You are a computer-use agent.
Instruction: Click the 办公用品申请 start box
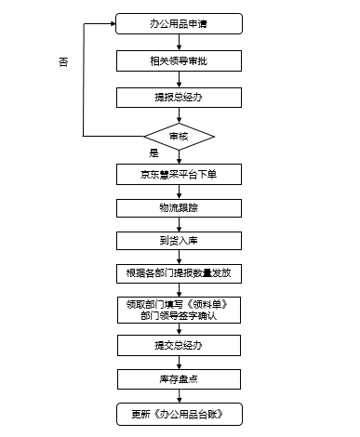(x=180, y=23)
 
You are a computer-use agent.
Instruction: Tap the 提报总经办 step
(x=180, y=97)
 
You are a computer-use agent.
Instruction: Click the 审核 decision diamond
(x=180, y=136)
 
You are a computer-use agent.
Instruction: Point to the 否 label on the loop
(x=63, y=61)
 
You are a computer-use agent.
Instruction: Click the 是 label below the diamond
(x=153, y=152)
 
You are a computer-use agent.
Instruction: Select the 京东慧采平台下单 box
(x=180, y=175)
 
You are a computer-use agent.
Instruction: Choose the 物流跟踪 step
(x=180, y=207)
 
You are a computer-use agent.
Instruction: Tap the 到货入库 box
(x=180, y=241)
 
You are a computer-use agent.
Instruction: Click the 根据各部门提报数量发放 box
(x=180, y=273)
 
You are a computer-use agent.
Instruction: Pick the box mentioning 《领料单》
(x=180, y=309)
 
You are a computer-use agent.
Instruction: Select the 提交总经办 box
(x=180, y=345)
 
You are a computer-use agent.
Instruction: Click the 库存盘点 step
(x=180, y=378)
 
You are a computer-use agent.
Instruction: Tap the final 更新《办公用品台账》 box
(x=180, y=412)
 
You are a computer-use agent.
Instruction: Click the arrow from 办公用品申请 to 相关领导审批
(x=180, y=42)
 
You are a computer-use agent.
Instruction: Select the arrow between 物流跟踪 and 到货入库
(x=180, y=224)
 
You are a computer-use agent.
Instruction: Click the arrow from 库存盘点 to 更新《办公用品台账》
(x=180, y=395)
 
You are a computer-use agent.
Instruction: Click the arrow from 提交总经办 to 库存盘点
(x=180, y=362)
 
